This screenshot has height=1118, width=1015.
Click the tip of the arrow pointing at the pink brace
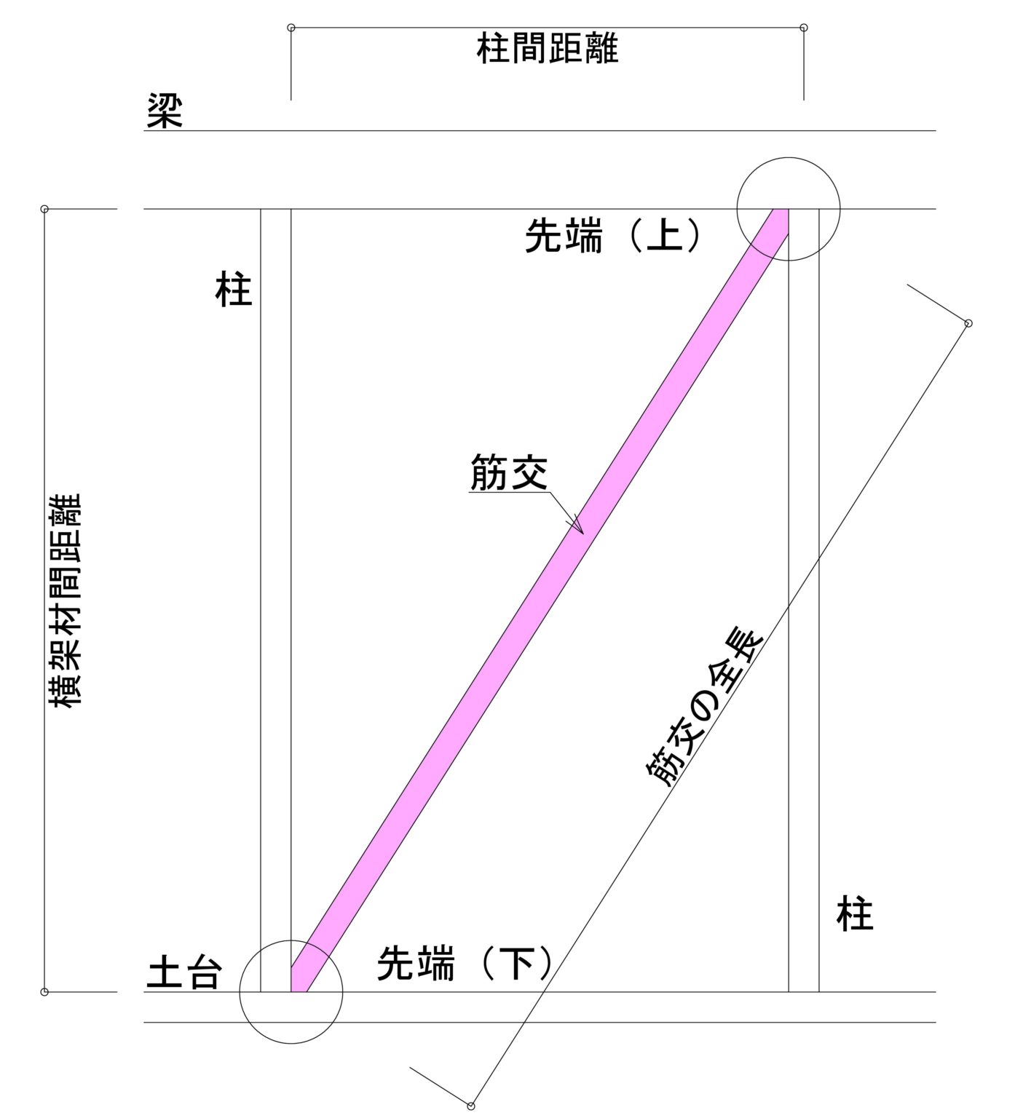pyautogui.click(x=582, y=534)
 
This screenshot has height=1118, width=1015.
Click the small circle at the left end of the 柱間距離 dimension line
pyautogui.click(x=291, y=28)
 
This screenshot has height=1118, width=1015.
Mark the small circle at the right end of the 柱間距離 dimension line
pyautogui.click(x=804, y=28)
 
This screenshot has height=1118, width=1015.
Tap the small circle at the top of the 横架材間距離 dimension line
pyautogui.click(x=44, y=209)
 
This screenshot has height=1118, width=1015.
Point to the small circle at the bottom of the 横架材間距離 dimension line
pyautogui.click(x=44, y=991)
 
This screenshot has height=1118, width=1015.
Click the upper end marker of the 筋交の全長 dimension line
pyautogui.click(x=968, y=323)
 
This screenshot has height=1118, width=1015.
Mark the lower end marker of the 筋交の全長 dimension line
pyautogui.click(x=471, y=1106)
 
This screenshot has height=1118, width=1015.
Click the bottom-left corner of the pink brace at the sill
pyautogui.click(x=291, y=991)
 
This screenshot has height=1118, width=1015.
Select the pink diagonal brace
pyautogui.click(x=540, y=600)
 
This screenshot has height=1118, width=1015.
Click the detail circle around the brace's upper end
pyautogui.click(x=789, y=209)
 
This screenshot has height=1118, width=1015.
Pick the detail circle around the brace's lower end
pyautogui.click(x=291, y=992)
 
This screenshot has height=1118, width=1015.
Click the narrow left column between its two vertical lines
pyautogui.click(x=276, y=600)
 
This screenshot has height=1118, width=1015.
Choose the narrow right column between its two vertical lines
pyautogui.click(x=804, y=600)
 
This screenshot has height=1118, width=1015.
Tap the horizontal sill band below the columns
pyautogui.click(x=540, y=1007)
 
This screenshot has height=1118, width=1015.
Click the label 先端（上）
pyautogui.click(x=614, y=237)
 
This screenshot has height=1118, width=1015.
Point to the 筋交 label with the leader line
pyautogui.click(x=508, y=473)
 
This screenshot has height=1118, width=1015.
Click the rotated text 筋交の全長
pyautogui.click(x=703, y=707)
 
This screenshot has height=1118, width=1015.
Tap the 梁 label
pyautogui.click(x=165, y=111)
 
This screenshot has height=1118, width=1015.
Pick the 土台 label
pyautogui.click(x=184, y=972)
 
